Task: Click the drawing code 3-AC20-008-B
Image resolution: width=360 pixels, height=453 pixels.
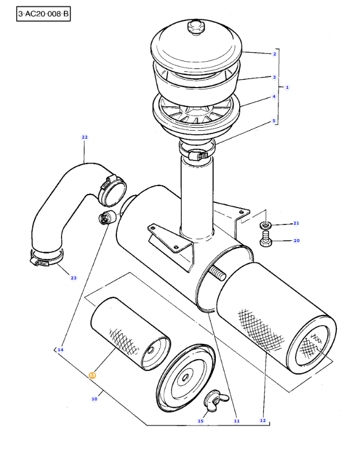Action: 44,14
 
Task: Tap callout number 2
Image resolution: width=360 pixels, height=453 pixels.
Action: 275,54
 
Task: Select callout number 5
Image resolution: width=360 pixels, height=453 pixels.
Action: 274,121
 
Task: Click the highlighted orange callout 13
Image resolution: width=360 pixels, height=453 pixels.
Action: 92,376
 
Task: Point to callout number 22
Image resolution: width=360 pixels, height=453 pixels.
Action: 85,137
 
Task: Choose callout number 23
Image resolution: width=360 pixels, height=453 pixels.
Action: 73,278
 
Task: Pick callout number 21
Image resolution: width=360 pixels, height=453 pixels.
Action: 296,223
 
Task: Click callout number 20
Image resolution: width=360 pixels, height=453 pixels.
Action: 297,241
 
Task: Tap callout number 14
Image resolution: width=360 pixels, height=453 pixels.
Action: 60,350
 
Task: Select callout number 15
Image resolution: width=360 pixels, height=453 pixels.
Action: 201,421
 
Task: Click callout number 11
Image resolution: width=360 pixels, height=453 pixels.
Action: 237,421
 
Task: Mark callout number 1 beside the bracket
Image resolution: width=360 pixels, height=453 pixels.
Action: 287,87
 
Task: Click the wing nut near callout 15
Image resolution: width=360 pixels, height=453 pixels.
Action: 216,399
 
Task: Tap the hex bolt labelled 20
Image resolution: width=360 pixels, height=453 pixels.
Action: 266,238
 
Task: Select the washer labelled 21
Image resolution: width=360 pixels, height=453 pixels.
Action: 266,225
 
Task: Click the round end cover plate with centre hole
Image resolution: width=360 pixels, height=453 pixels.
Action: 185,378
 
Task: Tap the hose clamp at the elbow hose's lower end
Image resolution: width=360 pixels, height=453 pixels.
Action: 46,258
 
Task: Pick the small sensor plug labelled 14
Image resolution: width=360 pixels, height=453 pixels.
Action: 107,217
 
